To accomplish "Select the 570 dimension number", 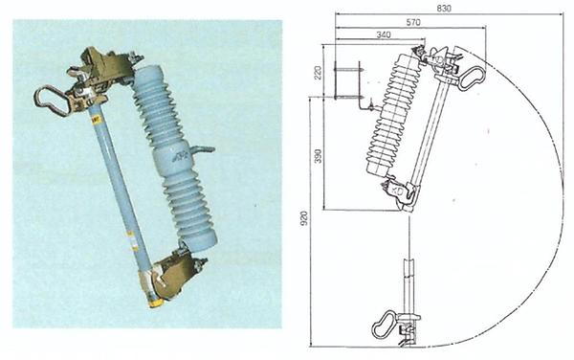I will [x=412, y=21].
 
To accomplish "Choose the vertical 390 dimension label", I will [x=317, y=155].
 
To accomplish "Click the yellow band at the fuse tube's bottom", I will [x=152, y=301].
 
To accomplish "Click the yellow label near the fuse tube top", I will [x=96, y=119].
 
